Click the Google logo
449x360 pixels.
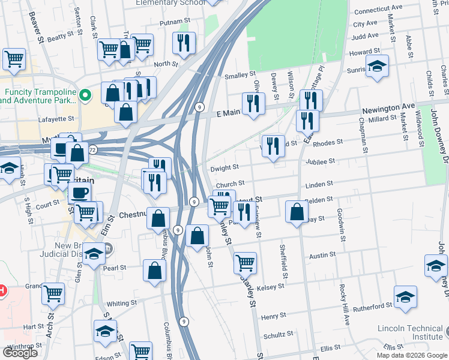20,353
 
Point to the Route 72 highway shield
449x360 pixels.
92,148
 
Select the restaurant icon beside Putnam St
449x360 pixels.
183,42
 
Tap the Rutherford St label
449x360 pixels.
373,307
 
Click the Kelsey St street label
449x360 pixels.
271,287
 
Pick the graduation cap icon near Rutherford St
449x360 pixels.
406,297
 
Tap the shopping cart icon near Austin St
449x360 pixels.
245,262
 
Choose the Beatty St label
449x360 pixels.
60,37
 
